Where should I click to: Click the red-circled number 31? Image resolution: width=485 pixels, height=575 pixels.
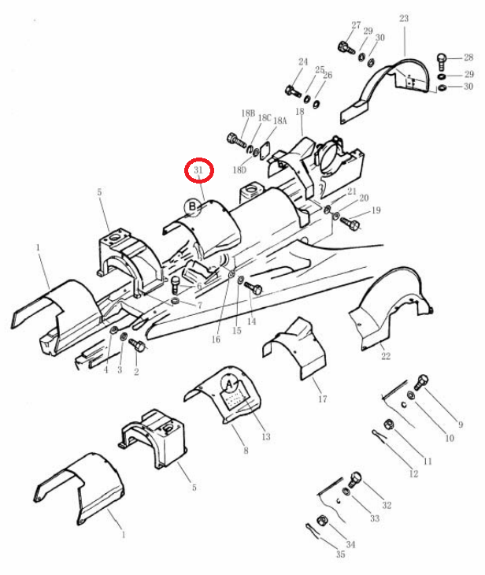click(198, 170)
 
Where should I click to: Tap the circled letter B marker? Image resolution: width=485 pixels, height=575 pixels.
click(192, 207)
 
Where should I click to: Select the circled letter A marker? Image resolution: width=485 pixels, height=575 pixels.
click(230, 384)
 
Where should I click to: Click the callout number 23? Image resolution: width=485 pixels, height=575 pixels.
click(404, 18)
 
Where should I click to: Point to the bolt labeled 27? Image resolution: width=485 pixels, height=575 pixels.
click(346, 48)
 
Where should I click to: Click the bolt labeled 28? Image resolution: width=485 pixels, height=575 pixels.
click(442, 61)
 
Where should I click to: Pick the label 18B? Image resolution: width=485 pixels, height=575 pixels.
click(248, 113)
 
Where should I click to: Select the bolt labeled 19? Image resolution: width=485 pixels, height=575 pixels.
click(350, 223)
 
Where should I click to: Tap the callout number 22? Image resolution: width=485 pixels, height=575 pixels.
click(386, 356)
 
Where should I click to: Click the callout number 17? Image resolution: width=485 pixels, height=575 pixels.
click(323, 399)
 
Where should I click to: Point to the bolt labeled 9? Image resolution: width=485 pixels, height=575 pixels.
click(421, 382)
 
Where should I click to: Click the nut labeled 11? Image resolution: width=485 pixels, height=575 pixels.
click(389, 425)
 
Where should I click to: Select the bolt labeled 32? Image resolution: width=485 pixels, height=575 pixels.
click(355, 480)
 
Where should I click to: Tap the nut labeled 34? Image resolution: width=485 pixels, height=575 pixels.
click(321, 521)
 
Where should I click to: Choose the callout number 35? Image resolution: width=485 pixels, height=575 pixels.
click(341, 554)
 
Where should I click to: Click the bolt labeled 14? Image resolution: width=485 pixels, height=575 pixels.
click(254, 287)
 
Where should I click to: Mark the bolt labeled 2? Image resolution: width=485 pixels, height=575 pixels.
click(138, 345)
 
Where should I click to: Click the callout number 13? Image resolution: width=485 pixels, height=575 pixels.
click(266, 436)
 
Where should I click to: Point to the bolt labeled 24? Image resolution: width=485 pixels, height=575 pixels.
click(293, 91)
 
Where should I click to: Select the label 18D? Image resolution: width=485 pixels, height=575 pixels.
click(239, 170)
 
